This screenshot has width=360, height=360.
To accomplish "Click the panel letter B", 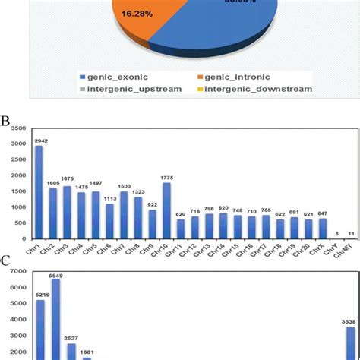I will [5, 121].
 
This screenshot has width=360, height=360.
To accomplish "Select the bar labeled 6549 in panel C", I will [55, 319].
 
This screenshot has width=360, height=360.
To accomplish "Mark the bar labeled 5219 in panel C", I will [40, 330].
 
